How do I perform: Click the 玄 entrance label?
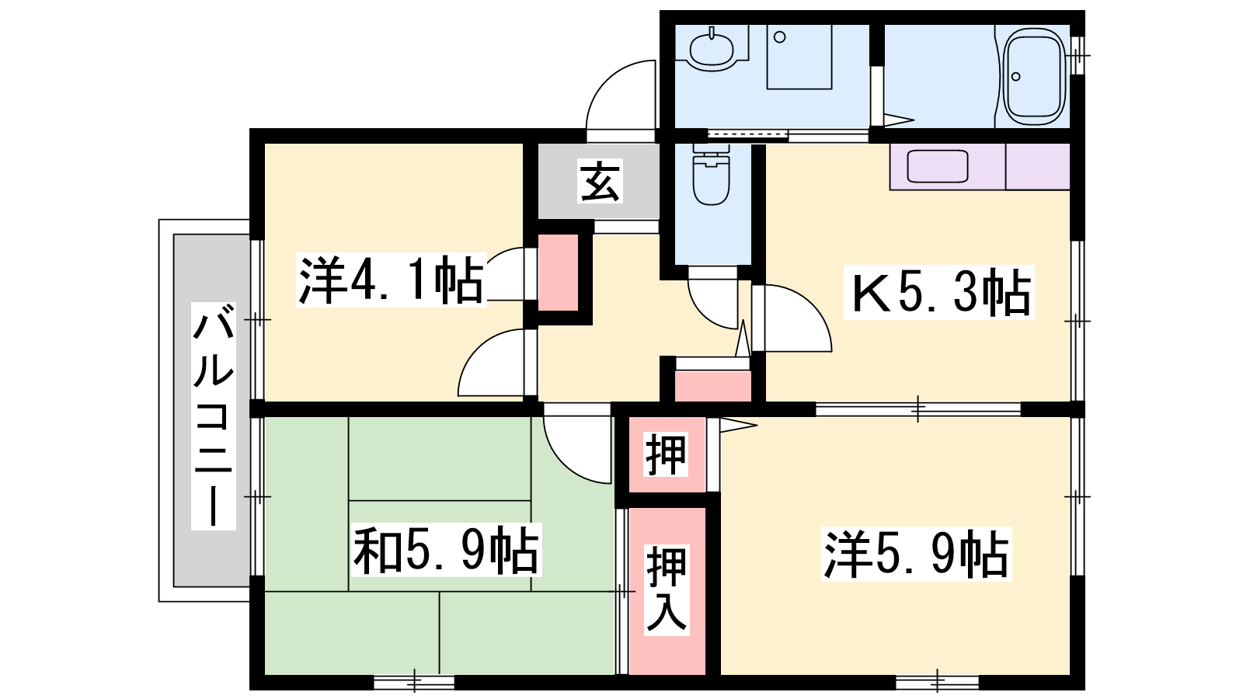pos(600,181)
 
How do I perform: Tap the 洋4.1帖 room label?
pos(392,280)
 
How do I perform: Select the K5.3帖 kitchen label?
pos(939,292)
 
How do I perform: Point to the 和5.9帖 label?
pos(446,550)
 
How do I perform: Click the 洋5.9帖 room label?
pos(917,555)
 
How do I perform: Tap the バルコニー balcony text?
pos(214,416)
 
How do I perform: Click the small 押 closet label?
pos(666,454)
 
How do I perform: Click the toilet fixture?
pos(711,174)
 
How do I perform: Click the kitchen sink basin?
pos(938,166)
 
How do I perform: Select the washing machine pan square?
pos(799,57)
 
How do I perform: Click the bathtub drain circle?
pos(1016,76)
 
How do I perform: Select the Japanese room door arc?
pos(565,462)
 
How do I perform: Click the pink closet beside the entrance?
pos(558,273)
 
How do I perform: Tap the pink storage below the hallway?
pos(713,385)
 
